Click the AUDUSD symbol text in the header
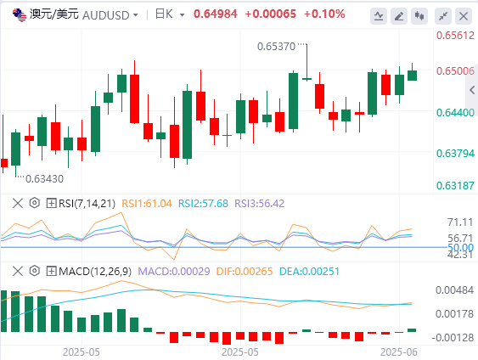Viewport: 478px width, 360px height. click(106, 15)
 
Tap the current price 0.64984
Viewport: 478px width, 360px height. click(216, 14)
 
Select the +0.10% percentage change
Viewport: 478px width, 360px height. click(324, 14)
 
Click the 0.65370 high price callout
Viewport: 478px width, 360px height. click(276, 47)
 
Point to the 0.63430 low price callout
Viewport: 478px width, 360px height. click(44, 178)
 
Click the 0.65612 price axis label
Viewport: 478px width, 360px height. click(455, 36)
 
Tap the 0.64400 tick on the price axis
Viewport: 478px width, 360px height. click(455, 112)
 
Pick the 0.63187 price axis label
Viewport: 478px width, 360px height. click(455, 185)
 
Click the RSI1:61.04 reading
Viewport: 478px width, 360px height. click(147, 203)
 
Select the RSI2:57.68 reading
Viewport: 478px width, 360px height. click(203, 203)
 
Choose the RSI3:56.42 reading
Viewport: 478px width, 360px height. click(260, 203)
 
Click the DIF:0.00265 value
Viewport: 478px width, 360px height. click(245, 272)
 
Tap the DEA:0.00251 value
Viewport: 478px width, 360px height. click(309, 272)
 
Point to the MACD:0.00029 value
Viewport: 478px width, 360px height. click(174, 272)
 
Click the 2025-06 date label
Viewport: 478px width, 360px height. click(399, 352)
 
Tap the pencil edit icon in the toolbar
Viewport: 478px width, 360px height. click(399, 16)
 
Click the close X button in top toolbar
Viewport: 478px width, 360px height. click(464, 16)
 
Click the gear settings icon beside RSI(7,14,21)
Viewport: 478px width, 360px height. click(35, 203)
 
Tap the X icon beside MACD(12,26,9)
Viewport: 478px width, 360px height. click(18, 271)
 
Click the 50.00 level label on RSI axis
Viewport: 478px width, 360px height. click(461, 247)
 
